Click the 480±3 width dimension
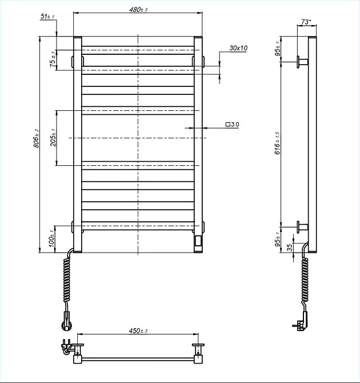[138, 10]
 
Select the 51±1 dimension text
[47, 17]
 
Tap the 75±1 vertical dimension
[53, 59]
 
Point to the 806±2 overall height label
[37, 138]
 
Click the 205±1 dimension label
[53, 138]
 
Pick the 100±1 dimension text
[52, 238]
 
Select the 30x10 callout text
[238, 48]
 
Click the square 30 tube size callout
[232, 125]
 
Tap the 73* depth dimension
[306, 22]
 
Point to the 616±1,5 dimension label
[278, 143]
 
